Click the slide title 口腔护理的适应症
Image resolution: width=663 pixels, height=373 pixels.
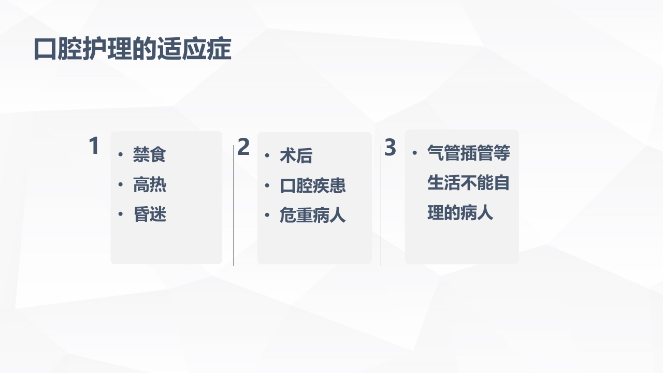click(132, 50)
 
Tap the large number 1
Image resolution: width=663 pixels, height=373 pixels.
click(94, 146)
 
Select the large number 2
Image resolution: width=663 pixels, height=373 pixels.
click(243, 148)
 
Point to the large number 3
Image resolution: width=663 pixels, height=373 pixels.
click(390, 148)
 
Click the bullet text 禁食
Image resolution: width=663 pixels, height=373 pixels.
click(149, 155)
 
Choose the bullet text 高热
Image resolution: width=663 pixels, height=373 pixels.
click(149, 184)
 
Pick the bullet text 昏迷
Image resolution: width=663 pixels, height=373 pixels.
click(149, 214)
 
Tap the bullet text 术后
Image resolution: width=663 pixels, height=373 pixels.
click(296, 155)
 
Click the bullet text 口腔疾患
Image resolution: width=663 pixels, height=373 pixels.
click(312, 185)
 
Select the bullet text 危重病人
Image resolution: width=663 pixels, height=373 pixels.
click(312, 215)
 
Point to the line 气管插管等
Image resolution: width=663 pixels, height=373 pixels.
click(468, 153)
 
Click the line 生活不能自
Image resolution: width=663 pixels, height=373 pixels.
click(468, 183)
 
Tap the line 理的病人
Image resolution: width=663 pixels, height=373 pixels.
click(460, 213)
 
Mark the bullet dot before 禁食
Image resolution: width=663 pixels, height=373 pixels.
click(121, 155)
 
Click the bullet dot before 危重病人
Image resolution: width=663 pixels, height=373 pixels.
click(267, 215)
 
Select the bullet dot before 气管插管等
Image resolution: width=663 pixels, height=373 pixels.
click(414, 153)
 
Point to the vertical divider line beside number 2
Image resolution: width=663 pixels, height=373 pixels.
click(234, 207)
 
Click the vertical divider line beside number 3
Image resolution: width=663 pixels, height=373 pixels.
click(381, 207)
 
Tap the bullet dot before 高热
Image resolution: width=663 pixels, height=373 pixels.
click(121, 184)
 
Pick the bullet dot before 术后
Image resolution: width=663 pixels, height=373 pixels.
click(267, 155)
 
